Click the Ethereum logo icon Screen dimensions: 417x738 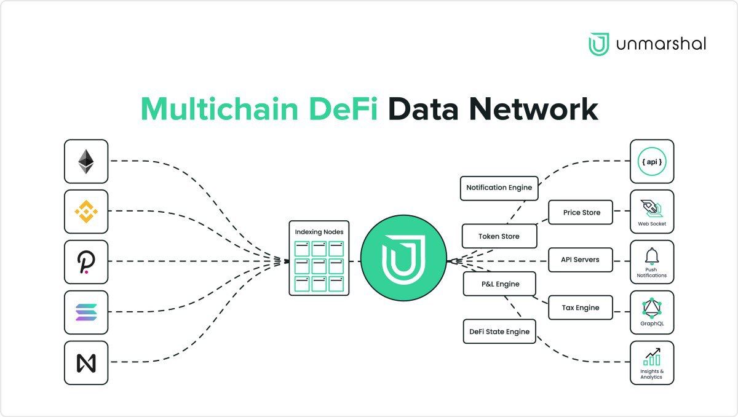86,161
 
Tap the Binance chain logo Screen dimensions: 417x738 86,212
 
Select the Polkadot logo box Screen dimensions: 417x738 86,262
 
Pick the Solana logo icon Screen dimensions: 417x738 86,312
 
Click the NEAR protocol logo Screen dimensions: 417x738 86,363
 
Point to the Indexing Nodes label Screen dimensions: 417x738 319,232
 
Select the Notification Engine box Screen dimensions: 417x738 499,188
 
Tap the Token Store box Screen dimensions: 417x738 499,236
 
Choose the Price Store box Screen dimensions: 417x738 581,213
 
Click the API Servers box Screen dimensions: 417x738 580,260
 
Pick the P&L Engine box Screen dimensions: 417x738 499,284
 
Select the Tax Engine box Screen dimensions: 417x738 580,308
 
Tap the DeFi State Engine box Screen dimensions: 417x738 499,332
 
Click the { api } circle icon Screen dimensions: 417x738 652,161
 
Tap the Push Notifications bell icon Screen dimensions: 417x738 652,257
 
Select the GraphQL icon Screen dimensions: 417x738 652,307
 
